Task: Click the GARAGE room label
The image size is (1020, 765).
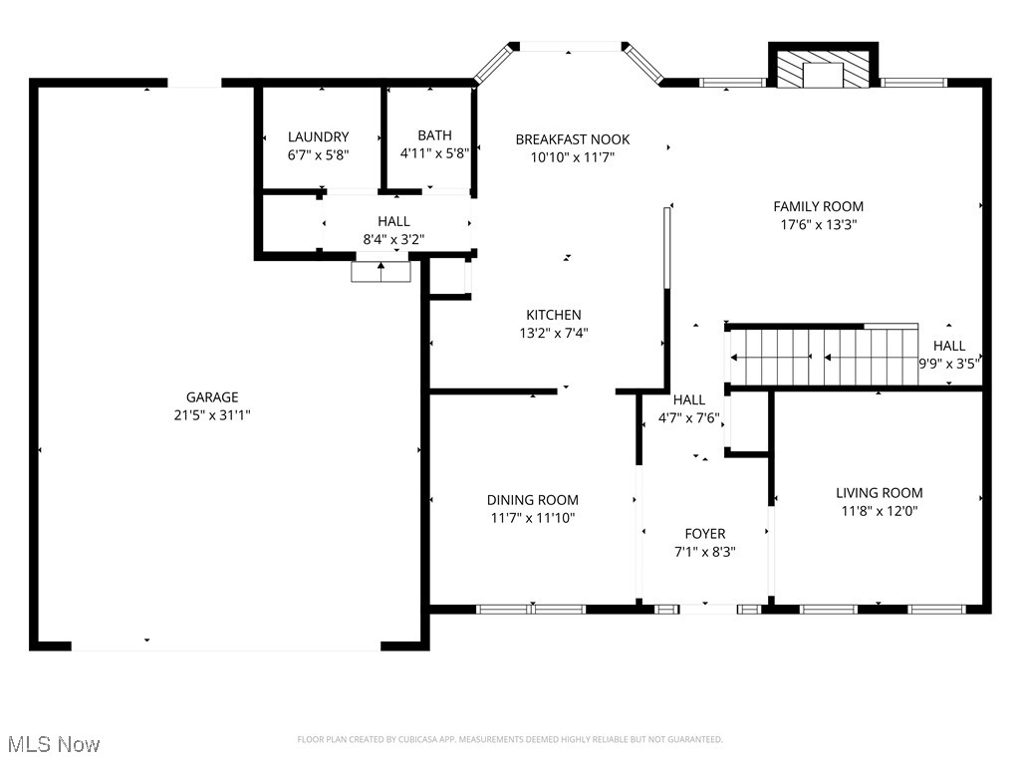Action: [212, 397]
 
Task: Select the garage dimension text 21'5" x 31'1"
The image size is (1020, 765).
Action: [212, 415]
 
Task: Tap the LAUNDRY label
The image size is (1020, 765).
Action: [318, 136]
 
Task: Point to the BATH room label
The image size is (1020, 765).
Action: [434, 135]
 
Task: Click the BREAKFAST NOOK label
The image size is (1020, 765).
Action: [572, 139]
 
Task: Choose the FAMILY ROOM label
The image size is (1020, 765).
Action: [818, 206]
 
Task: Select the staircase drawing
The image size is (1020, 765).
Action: [824, 357]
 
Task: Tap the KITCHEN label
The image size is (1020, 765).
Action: [553, 315]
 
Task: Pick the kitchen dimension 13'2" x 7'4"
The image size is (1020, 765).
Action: [553, 334]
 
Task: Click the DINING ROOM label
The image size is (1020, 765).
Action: [532, 500]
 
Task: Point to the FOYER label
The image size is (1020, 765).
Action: [704, 534]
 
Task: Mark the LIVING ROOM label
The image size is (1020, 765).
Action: [879, 492]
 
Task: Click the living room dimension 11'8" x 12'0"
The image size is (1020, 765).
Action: [879, 511]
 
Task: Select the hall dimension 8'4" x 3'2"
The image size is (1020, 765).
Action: [393, 239]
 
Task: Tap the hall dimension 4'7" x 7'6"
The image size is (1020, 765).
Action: [688, 418]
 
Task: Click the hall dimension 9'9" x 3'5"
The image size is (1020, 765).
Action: [948, 364]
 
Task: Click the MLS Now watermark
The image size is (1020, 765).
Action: [54, 744]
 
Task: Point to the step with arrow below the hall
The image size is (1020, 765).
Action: [381, 271]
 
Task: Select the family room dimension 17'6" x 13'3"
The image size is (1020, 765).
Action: [818, 225]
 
